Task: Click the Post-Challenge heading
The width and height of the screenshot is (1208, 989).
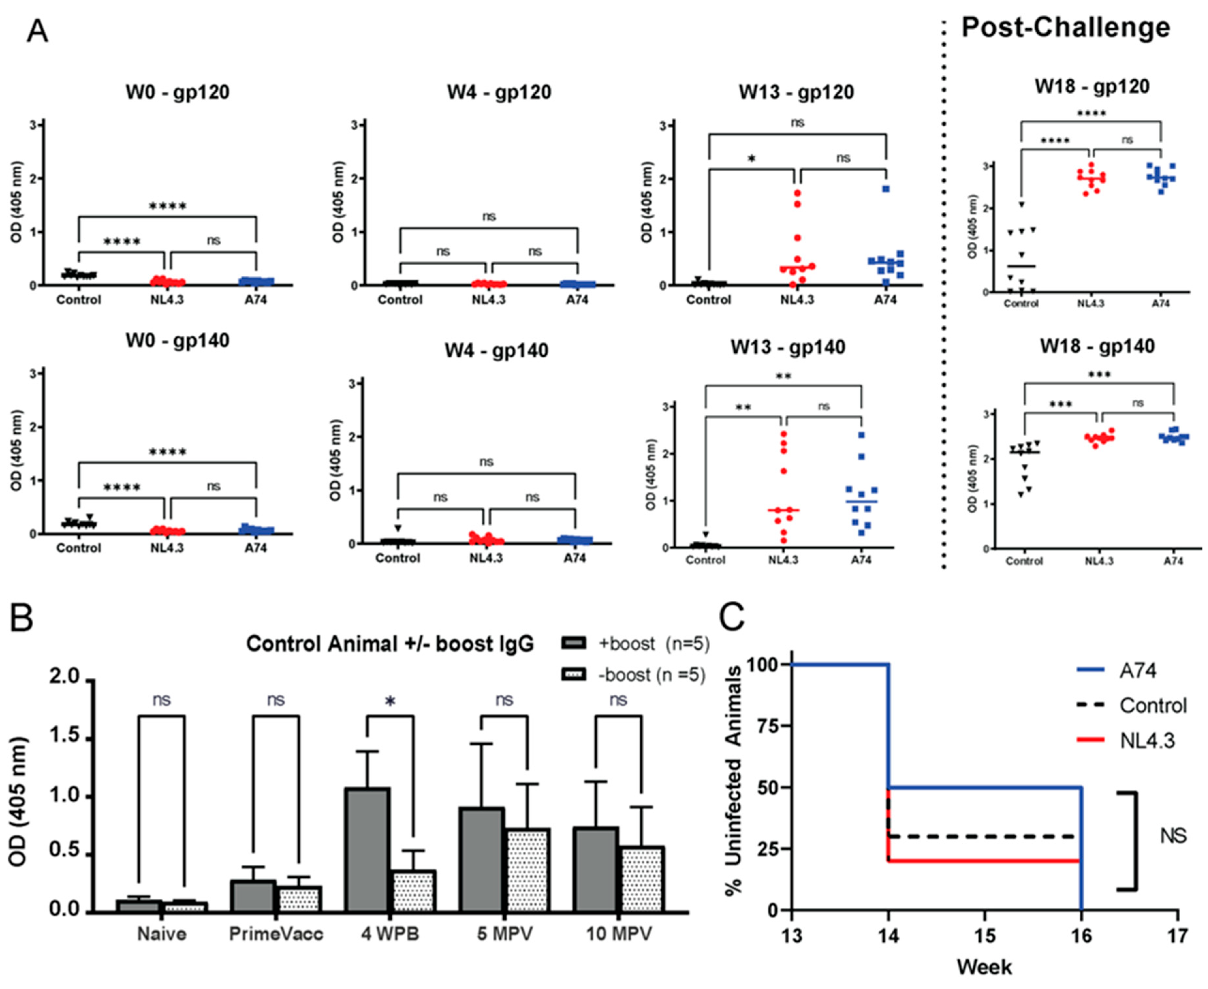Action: (1066, 27)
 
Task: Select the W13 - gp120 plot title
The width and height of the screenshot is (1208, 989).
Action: (797, 92)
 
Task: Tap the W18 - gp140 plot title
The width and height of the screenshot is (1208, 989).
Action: (1097, 347)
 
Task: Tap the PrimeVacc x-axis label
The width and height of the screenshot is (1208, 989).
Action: (276, 934)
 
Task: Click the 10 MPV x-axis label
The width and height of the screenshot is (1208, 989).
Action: (619, 934)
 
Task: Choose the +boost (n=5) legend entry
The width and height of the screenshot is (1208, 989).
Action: (635, 644)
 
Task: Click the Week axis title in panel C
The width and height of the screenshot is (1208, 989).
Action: (984, 967)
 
